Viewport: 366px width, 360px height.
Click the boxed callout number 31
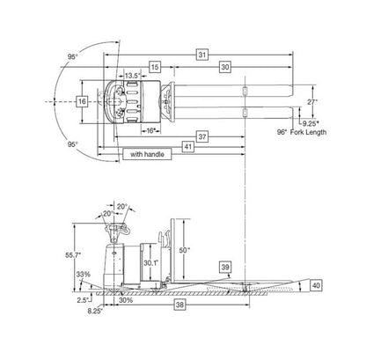(202, 55)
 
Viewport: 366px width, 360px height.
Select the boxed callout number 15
(155, 67)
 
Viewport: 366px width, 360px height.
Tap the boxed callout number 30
(225, 67)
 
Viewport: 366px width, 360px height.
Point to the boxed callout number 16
(82, 101)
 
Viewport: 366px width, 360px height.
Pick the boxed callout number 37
(202, 136)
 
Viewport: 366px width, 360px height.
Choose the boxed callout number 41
(188, 147)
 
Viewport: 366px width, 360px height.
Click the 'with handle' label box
(147, 154)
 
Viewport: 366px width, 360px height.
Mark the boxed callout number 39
(225, 268)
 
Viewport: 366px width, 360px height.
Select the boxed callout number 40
(316, 285)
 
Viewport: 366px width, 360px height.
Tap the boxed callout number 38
(179, 305)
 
